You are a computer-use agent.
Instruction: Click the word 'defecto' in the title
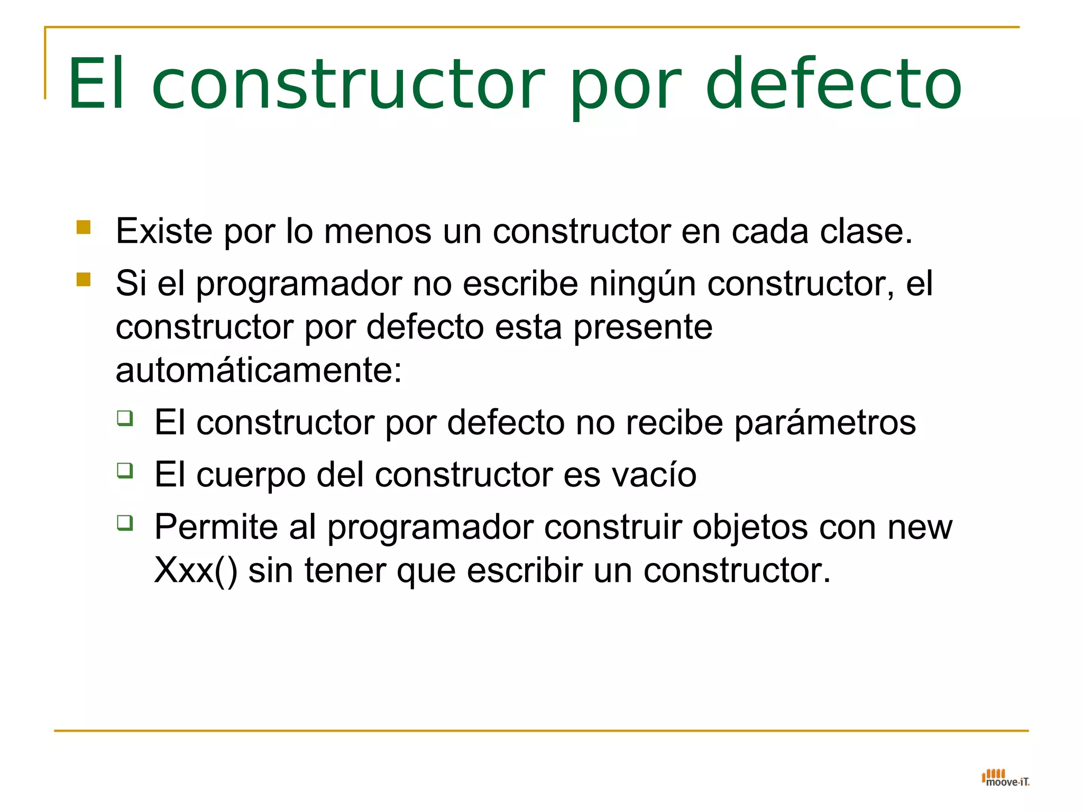click(x=833, y=85)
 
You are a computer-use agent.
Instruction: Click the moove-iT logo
click(x=1005, y=778)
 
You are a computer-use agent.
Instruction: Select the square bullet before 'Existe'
click(x=84, y=227)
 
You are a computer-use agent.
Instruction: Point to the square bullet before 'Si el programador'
click(x=84, y=279)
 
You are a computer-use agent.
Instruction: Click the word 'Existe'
click(x=164, y=231)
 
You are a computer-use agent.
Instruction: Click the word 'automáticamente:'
click(x=259, y=370)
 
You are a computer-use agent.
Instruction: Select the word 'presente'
click(x=643, y=327)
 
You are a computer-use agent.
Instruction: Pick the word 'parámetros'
click(x=825, y=423)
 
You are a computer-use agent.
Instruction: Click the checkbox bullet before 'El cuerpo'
click(x=125, y=470)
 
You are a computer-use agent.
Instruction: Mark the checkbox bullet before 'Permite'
click(x=125, y=523)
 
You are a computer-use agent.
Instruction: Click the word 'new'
click(x=920, y=527)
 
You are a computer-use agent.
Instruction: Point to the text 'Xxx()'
click(x=196, y=570)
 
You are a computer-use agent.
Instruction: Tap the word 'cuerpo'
click(x=251, y=475)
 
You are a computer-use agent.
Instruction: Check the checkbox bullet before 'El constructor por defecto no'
click(x=125, y=418)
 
